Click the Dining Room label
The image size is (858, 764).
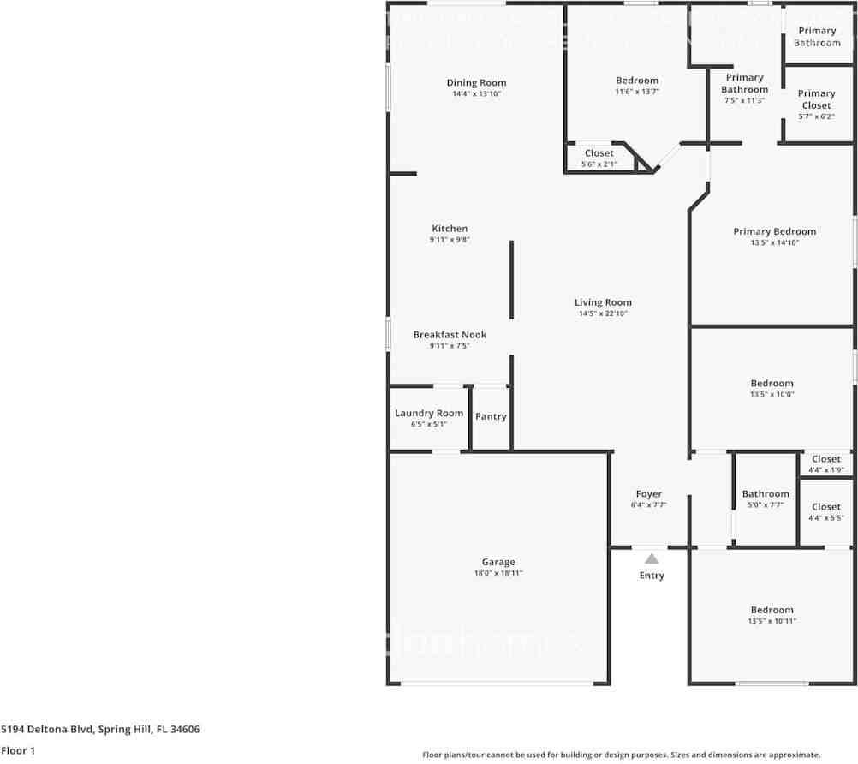(476, 83)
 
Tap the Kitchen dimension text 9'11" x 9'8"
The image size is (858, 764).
(450, 241)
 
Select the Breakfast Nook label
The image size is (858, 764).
(450, 335)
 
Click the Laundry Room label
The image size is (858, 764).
(429, 413)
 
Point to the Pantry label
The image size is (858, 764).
(491, 416)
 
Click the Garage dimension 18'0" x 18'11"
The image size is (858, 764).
(498, 574)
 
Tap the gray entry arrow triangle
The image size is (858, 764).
(652, 558)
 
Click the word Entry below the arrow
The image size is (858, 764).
(652, 576)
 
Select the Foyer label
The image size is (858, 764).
(648, 494)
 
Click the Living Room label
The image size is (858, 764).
(603, 302)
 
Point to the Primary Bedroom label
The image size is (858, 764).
(774, 231)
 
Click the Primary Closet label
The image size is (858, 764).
(816, 99)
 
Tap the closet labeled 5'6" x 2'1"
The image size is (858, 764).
(599, 158)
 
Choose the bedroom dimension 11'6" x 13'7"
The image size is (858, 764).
(637, 92)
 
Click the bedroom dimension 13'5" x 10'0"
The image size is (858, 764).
(772, 395)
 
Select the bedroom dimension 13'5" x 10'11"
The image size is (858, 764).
(772, 621)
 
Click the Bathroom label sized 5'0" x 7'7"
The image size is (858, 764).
(766, 494)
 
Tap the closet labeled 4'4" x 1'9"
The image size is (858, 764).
(826, 464)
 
